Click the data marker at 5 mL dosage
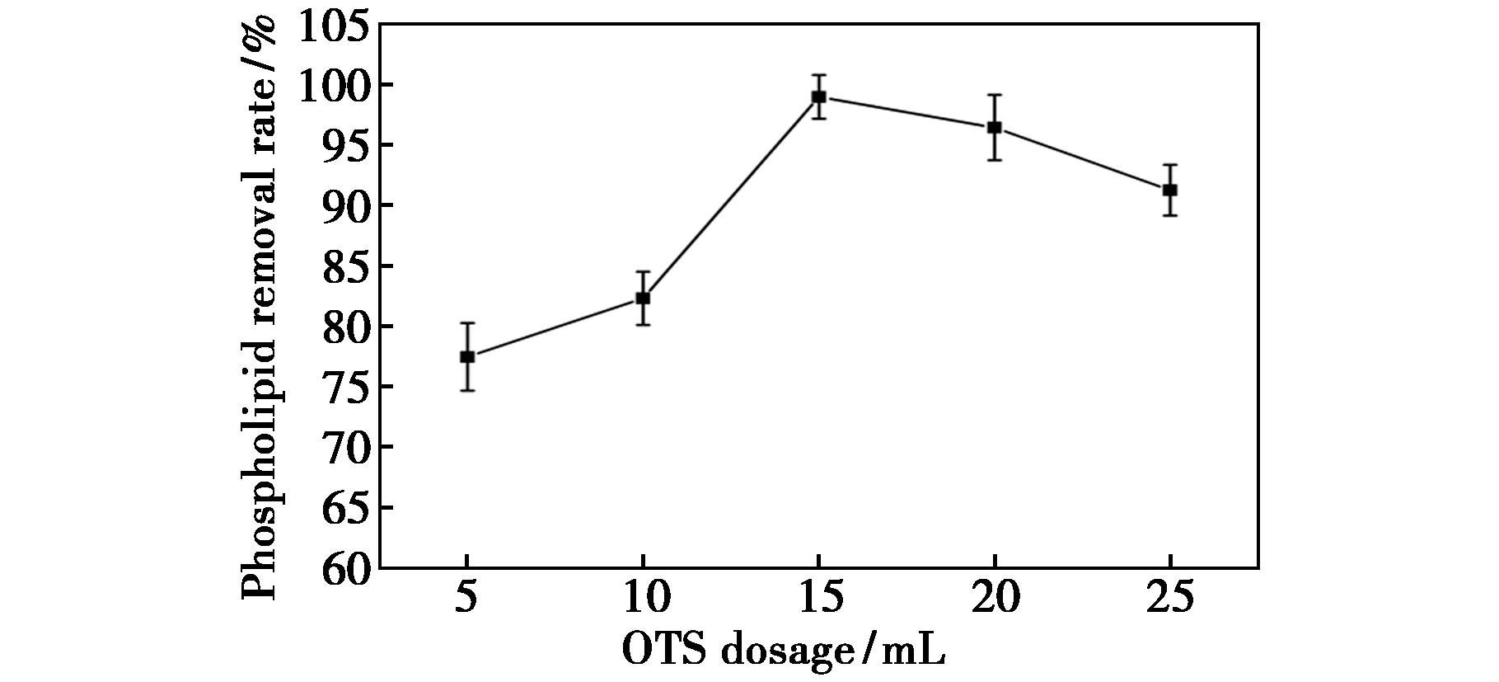click(467, 356)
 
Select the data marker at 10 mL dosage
click(643, 298)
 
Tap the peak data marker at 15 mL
click(818, 96)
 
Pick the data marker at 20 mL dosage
click(994, 127)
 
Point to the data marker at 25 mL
click(1169, 190)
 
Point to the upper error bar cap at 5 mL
click(467, 323)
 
